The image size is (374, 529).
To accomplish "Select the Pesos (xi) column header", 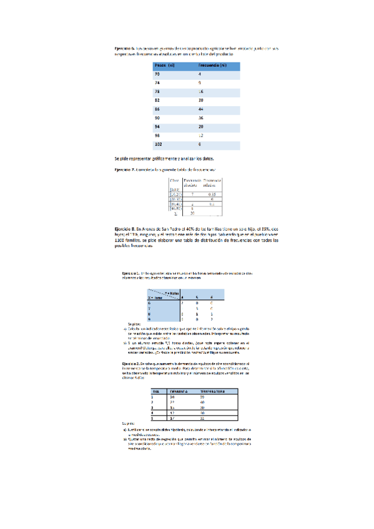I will [165, 65].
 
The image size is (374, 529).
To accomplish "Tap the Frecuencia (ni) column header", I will [212, 65].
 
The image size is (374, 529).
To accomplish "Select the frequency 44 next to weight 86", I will [201, 109].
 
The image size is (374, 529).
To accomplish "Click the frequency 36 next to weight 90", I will [201, 117].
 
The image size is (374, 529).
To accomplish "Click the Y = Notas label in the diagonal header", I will [172, 292].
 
